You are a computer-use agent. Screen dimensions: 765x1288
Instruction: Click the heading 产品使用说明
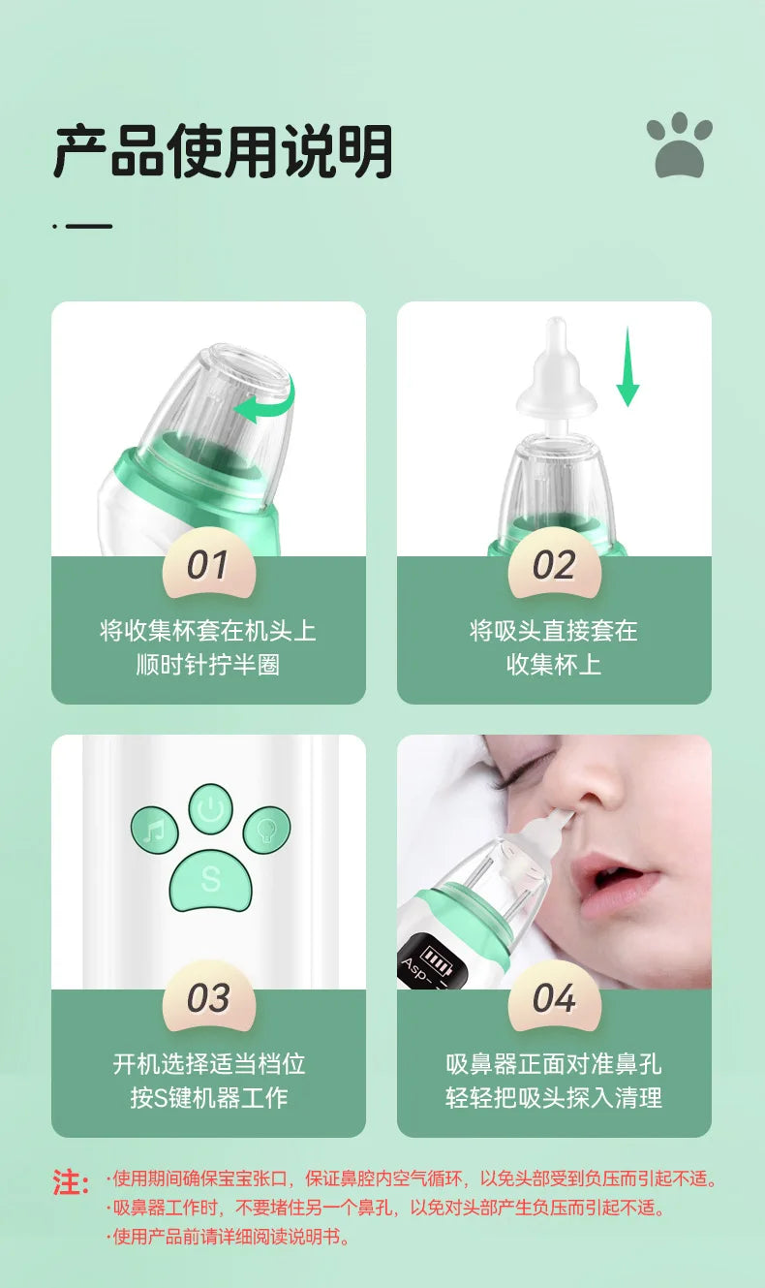[x=224, y=150]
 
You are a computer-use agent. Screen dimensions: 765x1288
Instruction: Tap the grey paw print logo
[x=680, y=145]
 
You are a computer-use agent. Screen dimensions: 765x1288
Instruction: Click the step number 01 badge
[x=208, y=564]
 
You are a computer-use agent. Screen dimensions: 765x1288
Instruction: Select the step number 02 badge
[x=554, y=564]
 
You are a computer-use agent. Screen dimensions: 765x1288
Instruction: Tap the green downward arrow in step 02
[x=627, y=367]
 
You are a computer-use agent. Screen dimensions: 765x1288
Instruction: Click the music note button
[x=155, y=831]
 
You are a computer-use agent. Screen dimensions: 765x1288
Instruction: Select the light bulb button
[x=266, y=831]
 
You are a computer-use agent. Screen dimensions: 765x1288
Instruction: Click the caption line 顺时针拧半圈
[x=208, y=665]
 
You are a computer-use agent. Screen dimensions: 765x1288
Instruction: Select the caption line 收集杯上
[x=554, y=665]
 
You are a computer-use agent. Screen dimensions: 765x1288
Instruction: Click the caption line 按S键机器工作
[x=208, y=1098]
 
